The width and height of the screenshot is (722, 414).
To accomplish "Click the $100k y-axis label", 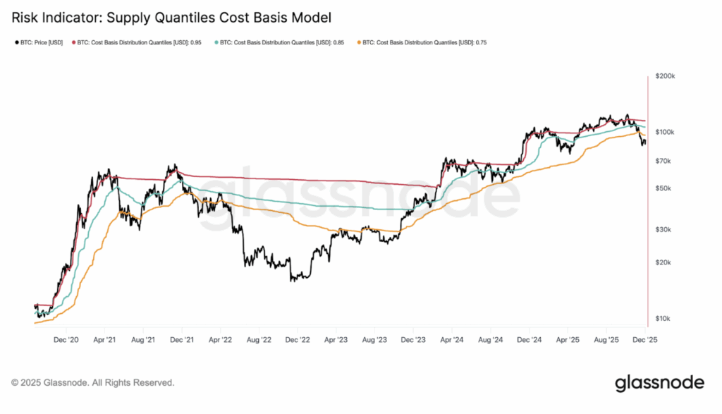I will (665, 132).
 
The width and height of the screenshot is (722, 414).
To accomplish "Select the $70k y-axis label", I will (665, 162).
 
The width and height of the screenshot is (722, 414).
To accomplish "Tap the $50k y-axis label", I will (665, 188).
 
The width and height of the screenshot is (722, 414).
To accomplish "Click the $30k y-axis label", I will (665, 230).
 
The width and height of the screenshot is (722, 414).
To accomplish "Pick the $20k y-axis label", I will (665, 262).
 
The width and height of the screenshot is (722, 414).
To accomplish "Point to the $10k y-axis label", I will (665, 319).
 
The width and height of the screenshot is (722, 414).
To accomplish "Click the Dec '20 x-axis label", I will (66, 339).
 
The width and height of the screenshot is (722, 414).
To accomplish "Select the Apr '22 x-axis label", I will (221, 339).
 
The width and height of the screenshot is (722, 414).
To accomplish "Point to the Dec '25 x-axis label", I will (644, 339).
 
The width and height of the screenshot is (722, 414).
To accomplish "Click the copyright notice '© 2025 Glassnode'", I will (92, 383).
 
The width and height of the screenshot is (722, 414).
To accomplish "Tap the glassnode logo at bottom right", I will (659, 383).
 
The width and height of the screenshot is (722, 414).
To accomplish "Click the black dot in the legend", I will (16, 43).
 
